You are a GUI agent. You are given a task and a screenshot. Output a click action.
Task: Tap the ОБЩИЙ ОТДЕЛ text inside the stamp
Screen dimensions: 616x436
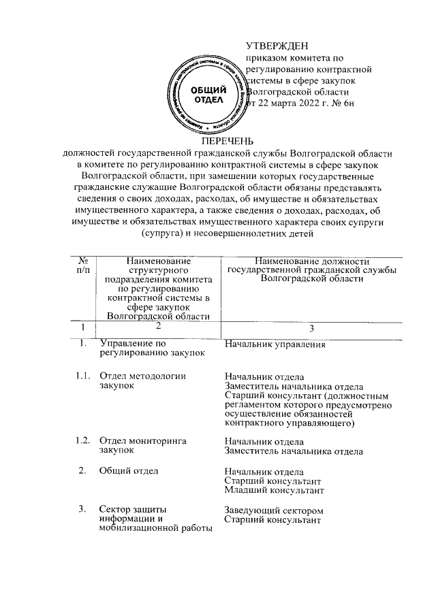click(204, 95)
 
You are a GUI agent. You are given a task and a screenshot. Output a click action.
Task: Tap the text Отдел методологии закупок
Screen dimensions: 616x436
click(142, 380)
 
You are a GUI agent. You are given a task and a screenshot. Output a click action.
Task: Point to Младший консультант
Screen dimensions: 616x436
click(275, 490)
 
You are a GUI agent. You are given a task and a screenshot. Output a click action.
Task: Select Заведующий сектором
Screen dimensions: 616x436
click(274, 510)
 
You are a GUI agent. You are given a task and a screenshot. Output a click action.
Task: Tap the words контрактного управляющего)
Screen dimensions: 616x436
click(290, 424)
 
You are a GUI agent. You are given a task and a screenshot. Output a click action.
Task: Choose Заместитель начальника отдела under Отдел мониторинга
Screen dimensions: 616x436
click(294, 451)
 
